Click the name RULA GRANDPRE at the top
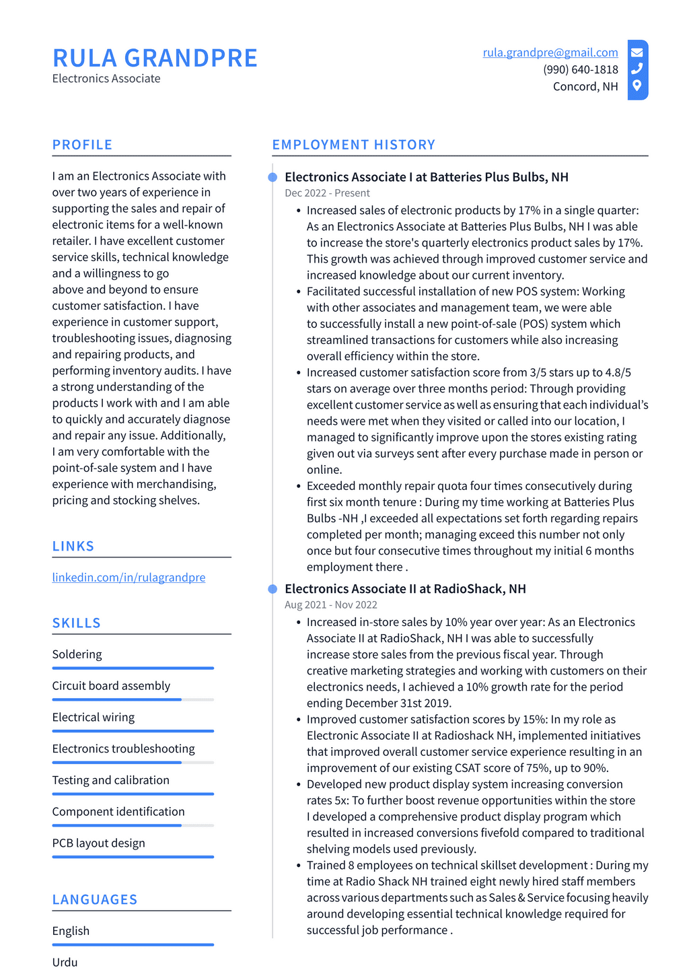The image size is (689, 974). (155, 59)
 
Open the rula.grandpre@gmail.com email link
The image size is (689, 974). (550, 53)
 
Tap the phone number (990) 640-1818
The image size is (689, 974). (580, 69)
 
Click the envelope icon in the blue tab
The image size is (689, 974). (637, 53)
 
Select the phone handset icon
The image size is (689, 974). (637, 69)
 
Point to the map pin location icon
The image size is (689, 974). (637, 85)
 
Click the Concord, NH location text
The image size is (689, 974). (585, 86)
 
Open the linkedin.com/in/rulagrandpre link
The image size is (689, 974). (129, 578)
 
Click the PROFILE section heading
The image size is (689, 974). (82, 145)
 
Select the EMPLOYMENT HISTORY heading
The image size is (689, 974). (353, 145)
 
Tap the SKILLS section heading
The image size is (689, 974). (76, 623)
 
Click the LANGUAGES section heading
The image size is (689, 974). (94, 900)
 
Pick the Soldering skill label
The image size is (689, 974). (77, 654)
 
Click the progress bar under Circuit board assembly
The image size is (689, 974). (133, 699)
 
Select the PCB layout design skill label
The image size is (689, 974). (98, 843)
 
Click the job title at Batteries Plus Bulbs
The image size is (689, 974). (426, 177)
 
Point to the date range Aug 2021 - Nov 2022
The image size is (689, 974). (330, 604)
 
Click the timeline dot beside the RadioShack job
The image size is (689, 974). (273, 589)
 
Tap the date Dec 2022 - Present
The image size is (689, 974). (327, 193)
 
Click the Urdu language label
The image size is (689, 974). (65, 963)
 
